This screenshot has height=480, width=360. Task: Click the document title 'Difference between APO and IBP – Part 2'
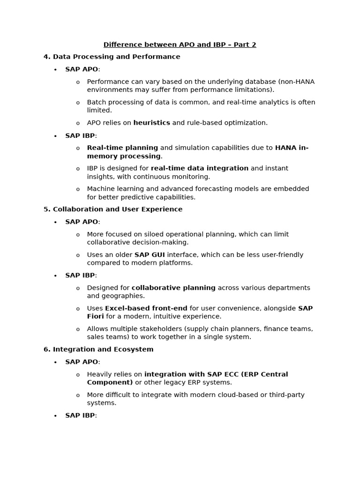point(180,45)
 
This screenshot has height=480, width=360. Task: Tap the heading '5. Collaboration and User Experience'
point(112,210)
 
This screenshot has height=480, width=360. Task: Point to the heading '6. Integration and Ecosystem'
point(98,350)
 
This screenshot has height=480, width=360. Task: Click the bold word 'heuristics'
point(151,123)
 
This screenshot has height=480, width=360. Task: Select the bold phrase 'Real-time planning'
point(122,148)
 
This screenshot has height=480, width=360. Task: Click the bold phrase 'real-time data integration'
point(199,168)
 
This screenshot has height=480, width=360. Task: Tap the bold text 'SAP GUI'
point(150,255)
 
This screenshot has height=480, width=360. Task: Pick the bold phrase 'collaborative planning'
point(173,288)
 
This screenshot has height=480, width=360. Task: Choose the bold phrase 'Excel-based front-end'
point(146,308)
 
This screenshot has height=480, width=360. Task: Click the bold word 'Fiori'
point(95,316)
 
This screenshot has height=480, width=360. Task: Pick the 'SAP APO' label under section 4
point(82,69)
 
